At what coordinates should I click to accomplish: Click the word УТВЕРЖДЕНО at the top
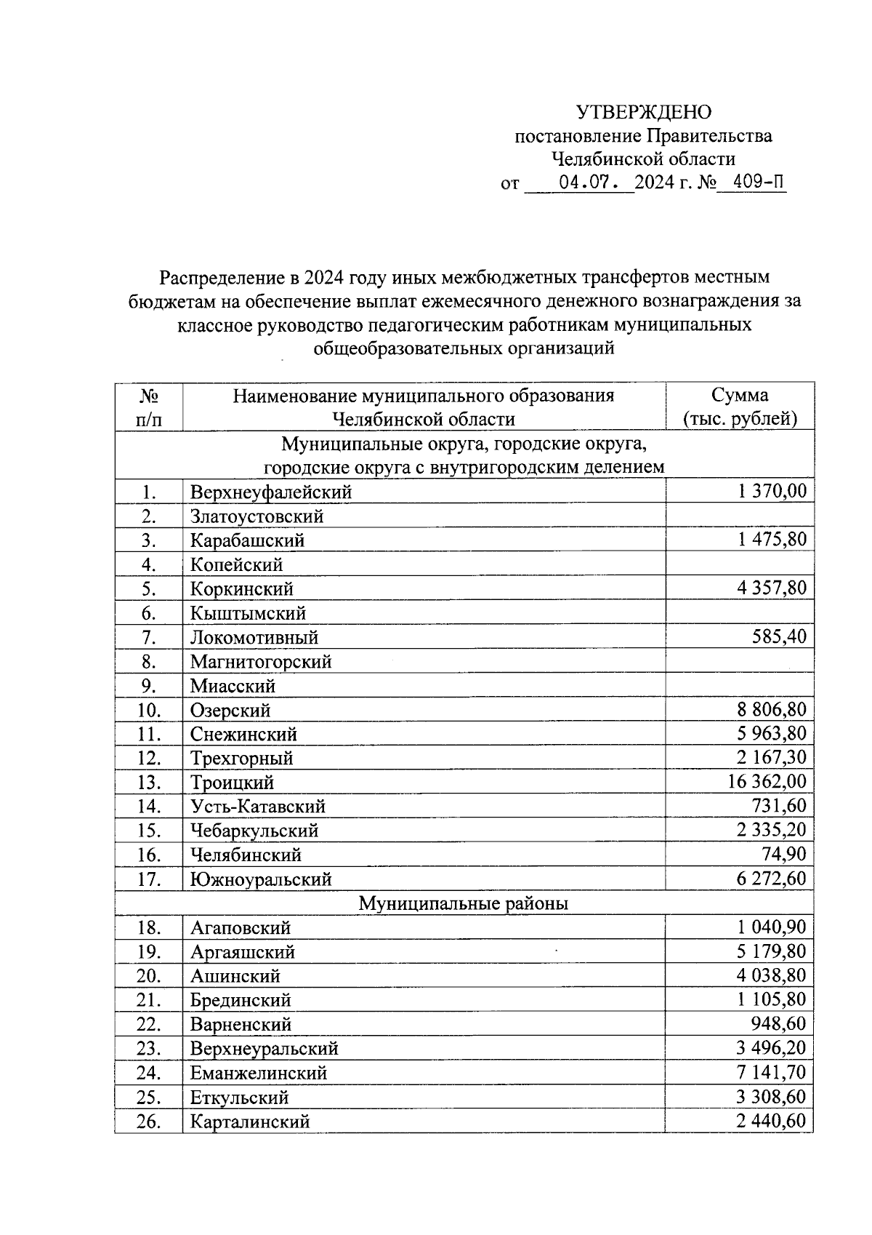(644, 112)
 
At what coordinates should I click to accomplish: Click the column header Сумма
(740, 396)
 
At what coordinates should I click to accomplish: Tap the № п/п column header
(149, 407)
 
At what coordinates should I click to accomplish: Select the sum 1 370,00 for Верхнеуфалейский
(772, 491)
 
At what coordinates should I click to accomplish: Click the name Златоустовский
(257, 516)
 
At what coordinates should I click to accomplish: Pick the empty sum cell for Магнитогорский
(740, 661)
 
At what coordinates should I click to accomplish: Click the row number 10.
(148, 710)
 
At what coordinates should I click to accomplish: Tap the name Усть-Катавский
(258, 807)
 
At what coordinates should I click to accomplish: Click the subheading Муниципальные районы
(464, 903)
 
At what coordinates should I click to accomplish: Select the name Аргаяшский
(243, 952)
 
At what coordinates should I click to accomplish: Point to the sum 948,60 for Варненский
(778, 1023)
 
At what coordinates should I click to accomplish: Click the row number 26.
(148, 1122)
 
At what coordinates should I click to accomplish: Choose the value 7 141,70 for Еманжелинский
(772, 1072)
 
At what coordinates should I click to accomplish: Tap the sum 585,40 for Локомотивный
(778, 636)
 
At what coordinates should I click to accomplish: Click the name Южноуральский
(261, 879)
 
